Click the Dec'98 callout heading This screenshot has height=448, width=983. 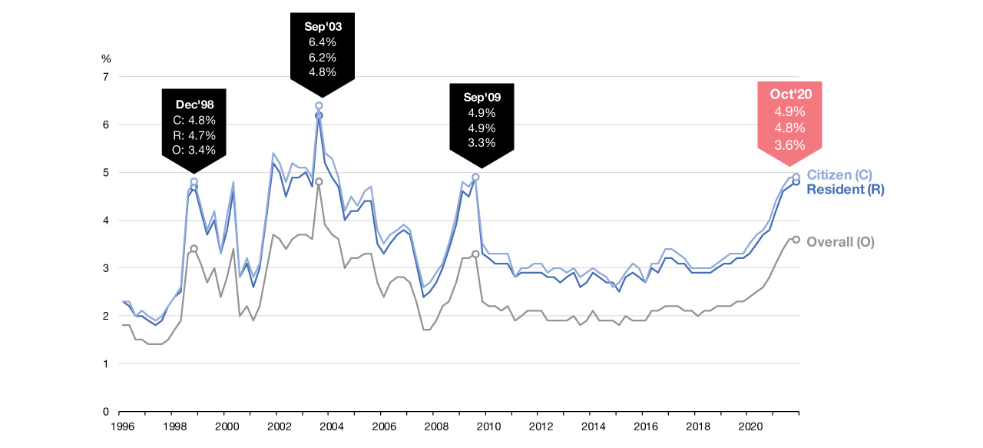[x=194, y=105]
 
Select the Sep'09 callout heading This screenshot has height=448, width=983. [x=482, y=97]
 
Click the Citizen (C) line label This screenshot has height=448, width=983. [x=839, y=175]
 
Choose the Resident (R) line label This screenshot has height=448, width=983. [x=846, y=189]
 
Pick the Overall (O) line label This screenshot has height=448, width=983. [x=840, y=242]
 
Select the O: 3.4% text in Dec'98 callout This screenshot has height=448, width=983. [x=194, y=150]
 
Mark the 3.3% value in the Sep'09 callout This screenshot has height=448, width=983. [x=482, y=142]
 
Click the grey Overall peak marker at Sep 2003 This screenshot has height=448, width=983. [x=319, y=182]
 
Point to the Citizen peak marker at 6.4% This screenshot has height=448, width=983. [x=319, y=105]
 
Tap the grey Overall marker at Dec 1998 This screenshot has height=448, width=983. [x=194, y=249]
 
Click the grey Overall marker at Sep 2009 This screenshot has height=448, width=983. [x=475, y=254]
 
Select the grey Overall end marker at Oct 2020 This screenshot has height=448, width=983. [x=796, y=240]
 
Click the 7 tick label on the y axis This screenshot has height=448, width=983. [x=106, y=77]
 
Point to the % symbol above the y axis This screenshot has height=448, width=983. [x=106, y=58]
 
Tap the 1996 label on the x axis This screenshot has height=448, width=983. [x=121, y=425]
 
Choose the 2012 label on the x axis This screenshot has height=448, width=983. [x=541, y=425]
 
